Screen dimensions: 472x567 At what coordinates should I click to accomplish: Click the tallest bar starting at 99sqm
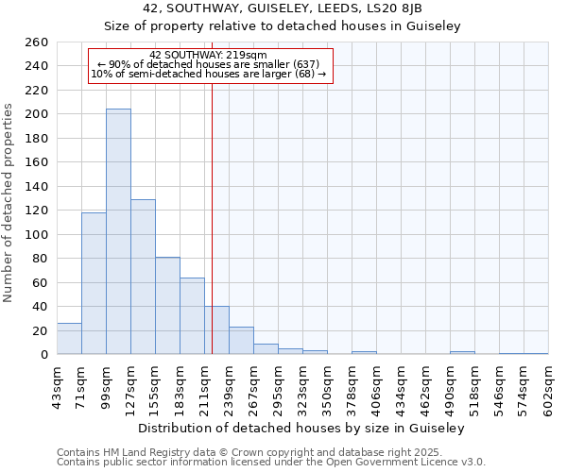tap(118, 231)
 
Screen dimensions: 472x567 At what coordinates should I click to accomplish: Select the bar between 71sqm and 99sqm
tap(94, 283)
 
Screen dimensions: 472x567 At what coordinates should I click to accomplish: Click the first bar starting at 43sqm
tap(69, 338)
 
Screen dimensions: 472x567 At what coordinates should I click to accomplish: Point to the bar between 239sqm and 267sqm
tap(241, 341)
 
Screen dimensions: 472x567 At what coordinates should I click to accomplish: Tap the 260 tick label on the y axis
tap(37, 42)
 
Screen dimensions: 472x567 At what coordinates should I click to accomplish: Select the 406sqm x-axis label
tap(376, 385)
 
